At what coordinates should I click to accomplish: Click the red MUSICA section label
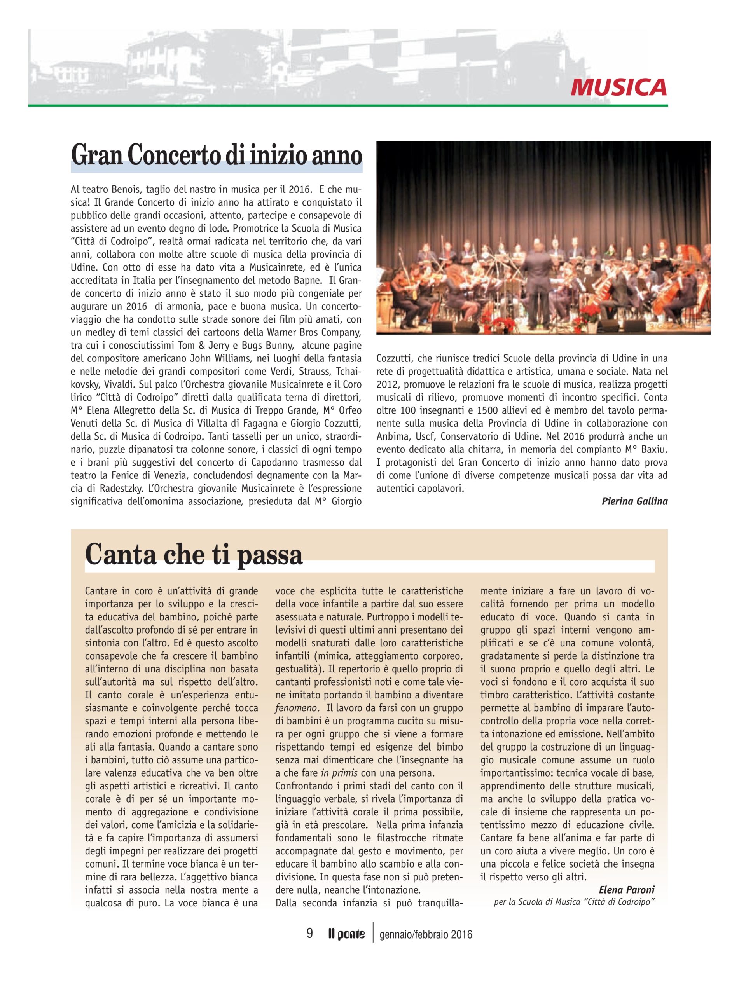[618, 86]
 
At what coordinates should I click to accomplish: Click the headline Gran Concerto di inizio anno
[217, 155]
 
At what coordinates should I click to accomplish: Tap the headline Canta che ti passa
[194, 555]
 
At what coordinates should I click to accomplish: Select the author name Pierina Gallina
[634, 501]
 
